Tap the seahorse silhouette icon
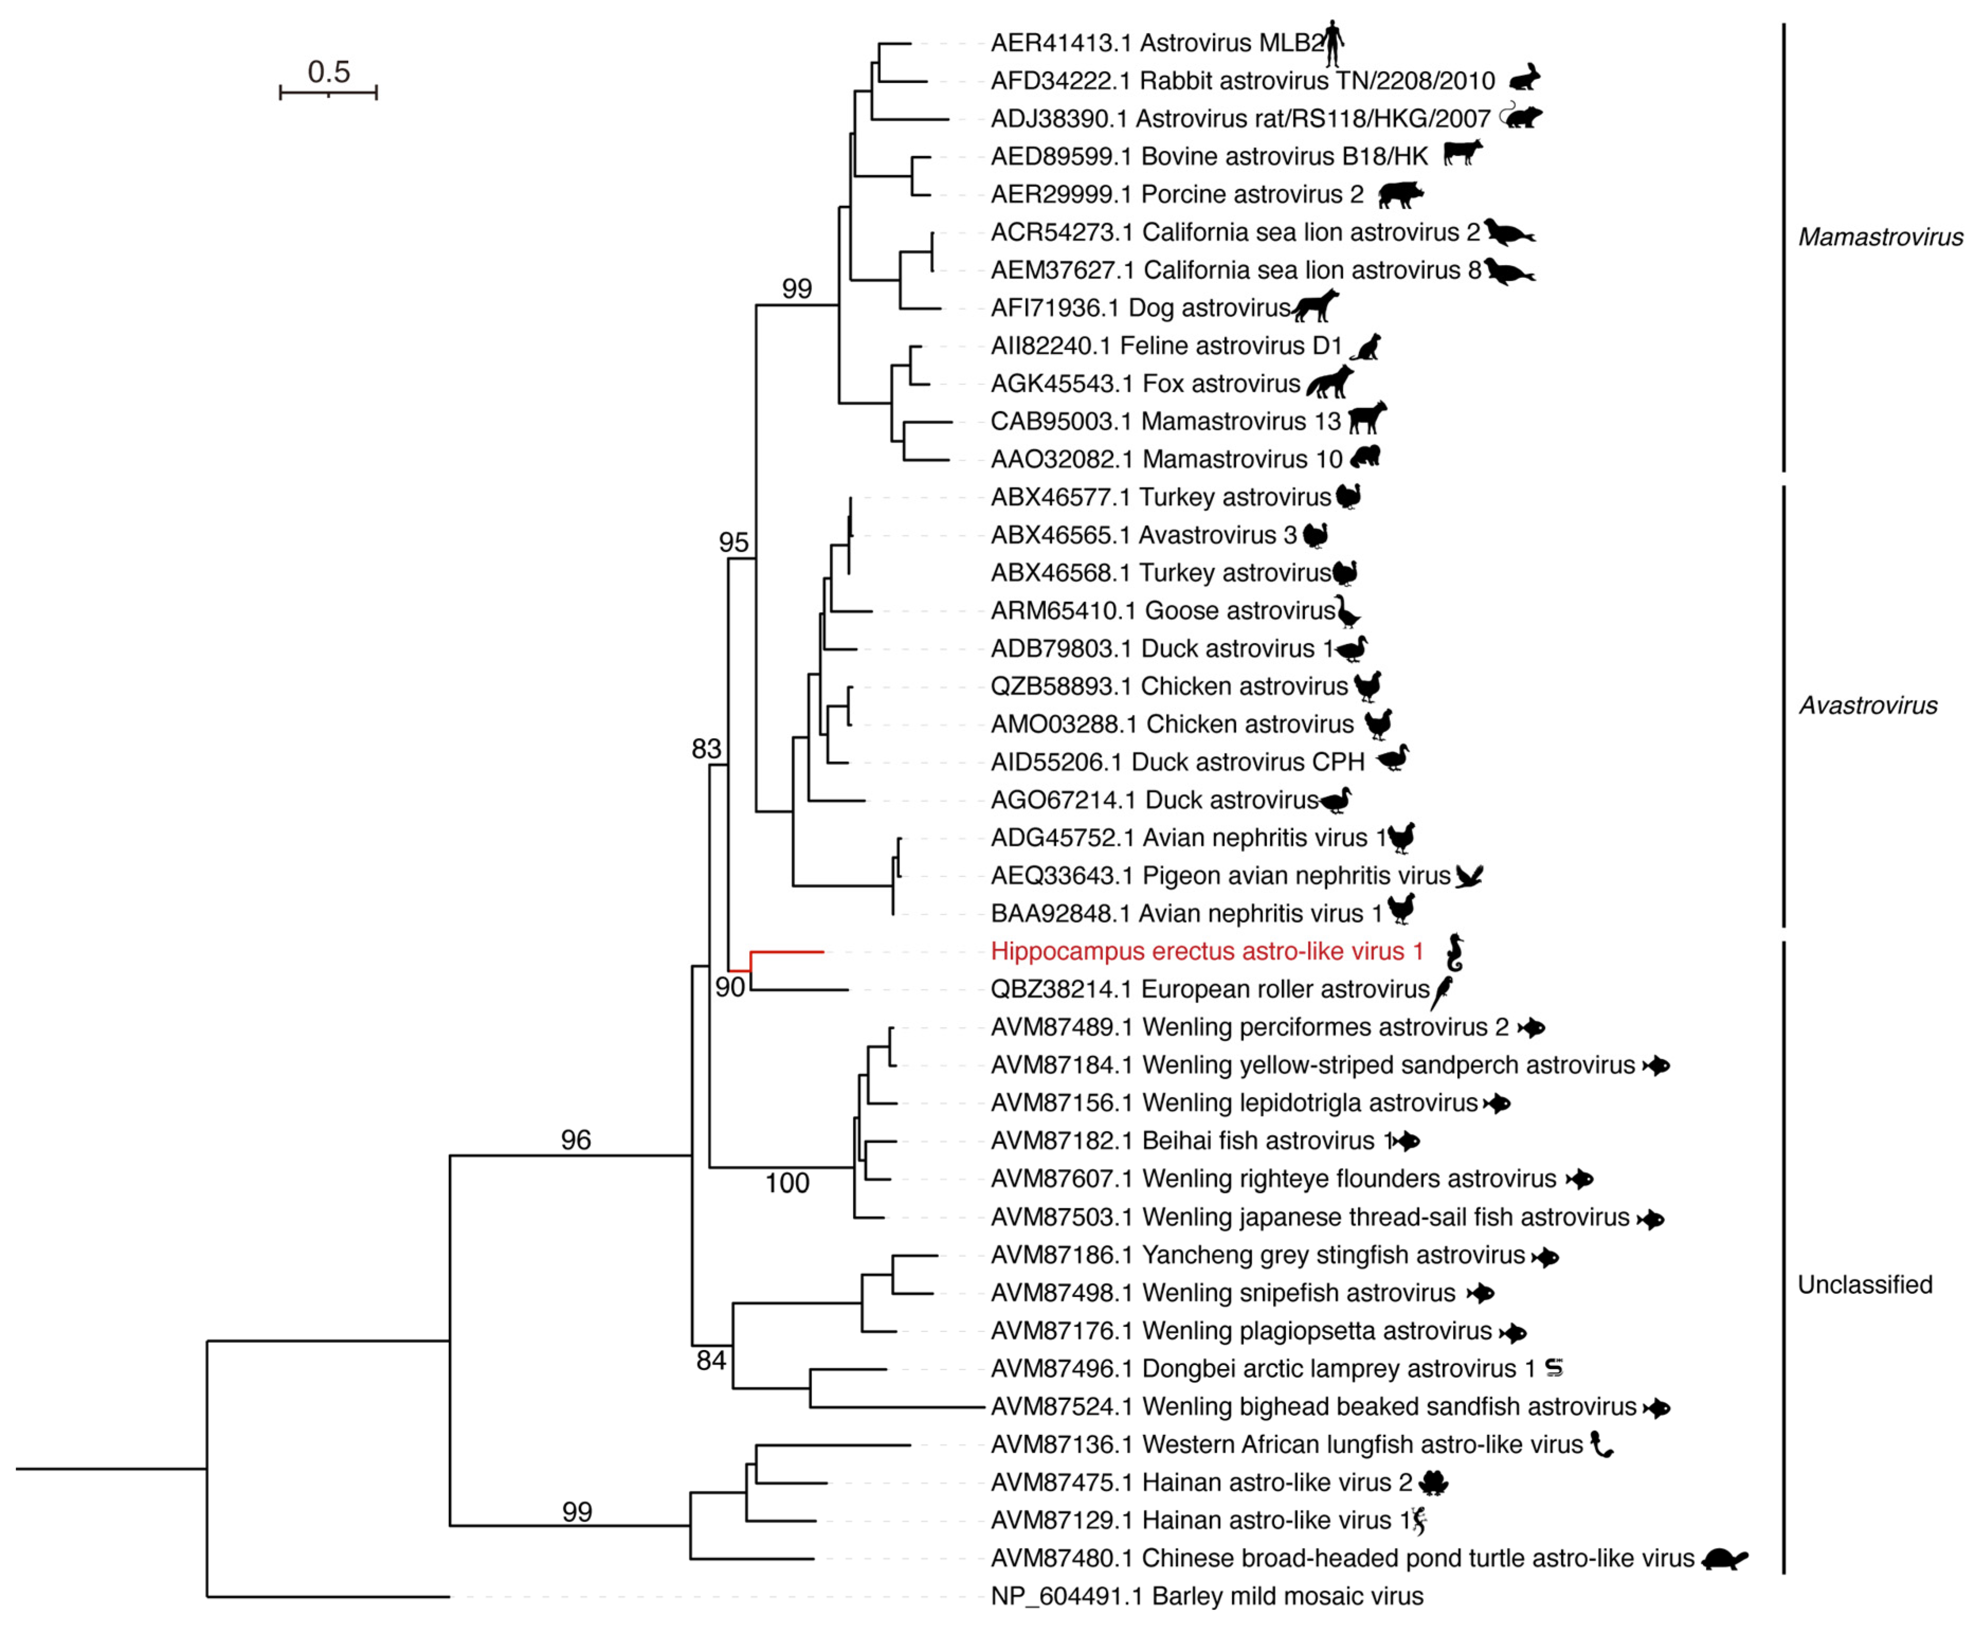1454,952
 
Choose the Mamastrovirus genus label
1879,237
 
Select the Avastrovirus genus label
1867,705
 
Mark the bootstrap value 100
786,1183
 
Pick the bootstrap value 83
706,749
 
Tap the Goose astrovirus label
1162,610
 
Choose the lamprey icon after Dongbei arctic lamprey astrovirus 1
1553,1368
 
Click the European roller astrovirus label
1209,990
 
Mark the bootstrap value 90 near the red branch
729,986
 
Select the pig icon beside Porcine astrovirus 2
1401,194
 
